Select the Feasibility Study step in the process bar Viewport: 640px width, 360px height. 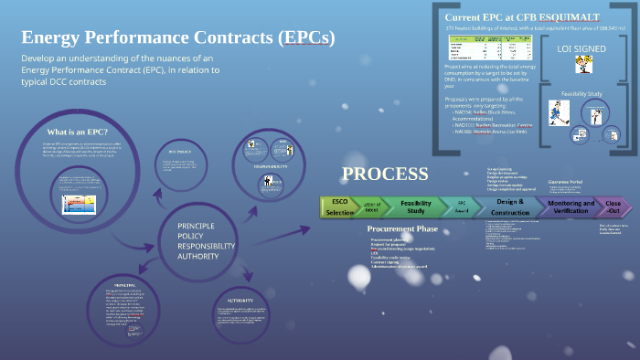click(416, 206)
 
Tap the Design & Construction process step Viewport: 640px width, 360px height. click(509, 206)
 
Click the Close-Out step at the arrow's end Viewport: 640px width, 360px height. click(613, 206)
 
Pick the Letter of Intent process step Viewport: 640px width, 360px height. click(374, 206)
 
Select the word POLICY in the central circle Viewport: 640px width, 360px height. click(192, 236)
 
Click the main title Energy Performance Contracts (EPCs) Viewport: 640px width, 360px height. click(178, 37)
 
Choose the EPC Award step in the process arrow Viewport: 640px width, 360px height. click(462, 206)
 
